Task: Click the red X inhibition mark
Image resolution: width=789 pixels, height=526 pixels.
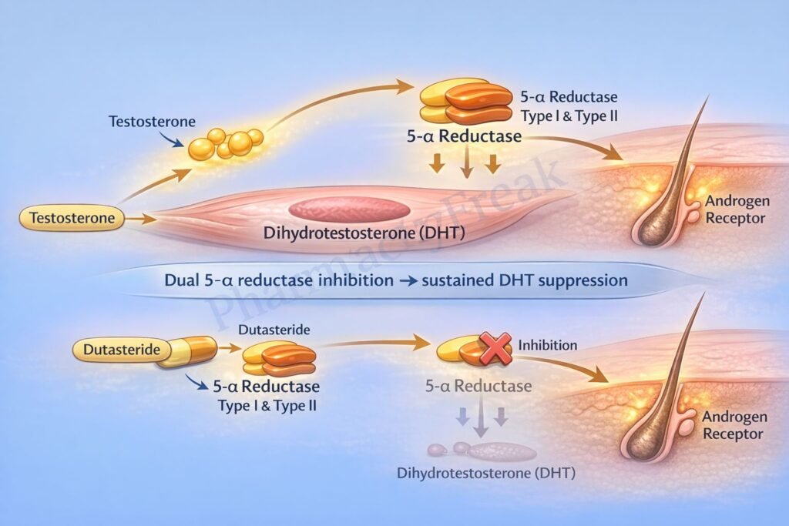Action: pos(495,348)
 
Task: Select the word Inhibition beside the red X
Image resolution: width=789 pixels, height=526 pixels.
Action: pos(547,345)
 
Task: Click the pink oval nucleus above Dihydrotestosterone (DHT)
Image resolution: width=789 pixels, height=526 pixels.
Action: pos(349,209)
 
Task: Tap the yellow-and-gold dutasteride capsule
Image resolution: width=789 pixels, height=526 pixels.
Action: pos(186,351)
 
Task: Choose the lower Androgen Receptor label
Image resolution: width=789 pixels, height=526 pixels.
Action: pos(734,425)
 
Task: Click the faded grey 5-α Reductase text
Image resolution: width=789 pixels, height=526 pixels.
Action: pos(479,385)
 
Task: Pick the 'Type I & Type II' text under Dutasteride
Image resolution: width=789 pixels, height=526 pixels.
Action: pos(265,404)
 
